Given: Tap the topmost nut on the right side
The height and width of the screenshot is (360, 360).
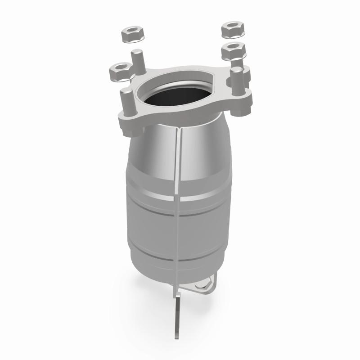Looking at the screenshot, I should pyautogui.click(x=233, y=29).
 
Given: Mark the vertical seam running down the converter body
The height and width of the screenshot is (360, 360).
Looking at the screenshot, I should pyautogui.click(x=177, y=202).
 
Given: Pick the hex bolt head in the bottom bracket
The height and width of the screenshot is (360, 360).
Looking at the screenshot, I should pyautogui.click(x=205, y=284).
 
